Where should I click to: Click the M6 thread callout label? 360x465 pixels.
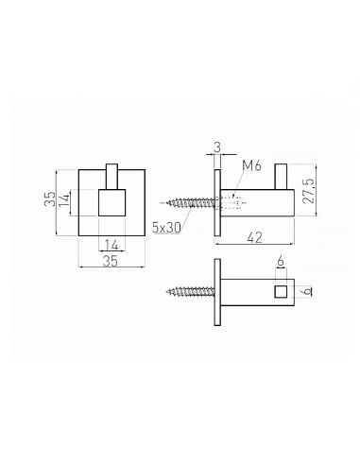(x=252, y=165)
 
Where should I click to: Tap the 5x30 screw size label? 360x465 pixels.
(x=167, y=227)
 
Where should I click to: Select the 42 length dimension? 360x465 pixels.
(x=254, y=237)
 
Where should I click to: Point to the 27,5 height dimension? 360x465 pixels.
(x=309, y=191)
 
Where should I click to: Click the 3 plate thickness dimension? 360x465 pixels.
(x=217, y=147)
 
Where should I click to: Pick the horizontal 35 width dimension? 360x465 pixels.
(x=111, y=261)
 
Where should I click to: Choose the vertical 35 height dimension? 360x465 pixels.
(x=50, y=198)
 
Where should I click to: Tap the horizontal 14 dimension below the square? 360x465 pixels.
(x=111, y=245)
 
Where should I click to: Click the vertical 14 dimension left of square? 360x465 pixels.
(x=64, y=199)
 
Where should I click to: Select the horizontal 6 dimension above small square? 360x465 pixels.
(x=281, y=261)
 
